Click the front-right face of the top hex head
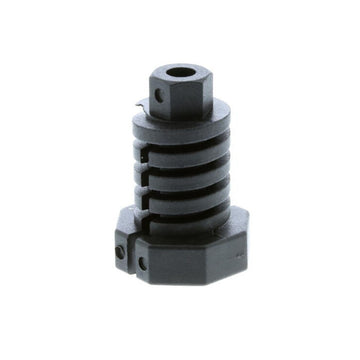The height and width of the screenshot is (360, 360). (x=195, y=98)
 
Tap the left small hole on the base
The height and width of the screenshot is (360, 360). (x=122, y=253)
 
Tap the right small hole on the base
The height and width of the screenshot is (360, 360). (x=142, y=263)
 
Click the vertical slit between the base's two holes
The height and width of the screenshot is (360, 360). (x=133, y=256)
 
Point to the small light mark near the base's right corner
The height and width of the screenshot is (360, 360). (x=241, y=257)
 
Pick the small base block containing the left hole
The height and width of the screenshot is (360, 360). (x=122, y=245)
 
